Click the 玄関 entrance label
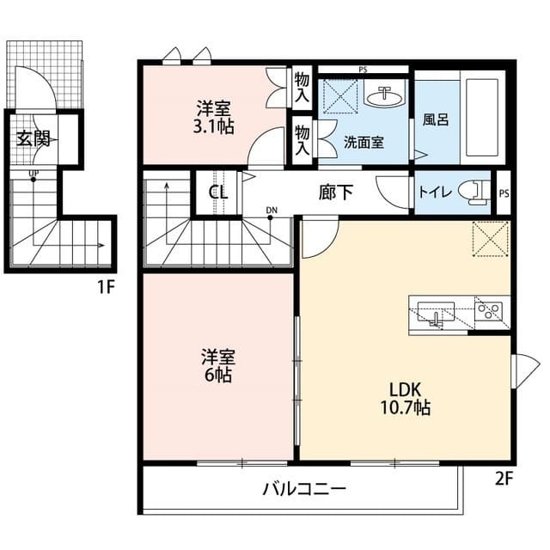[34, 139]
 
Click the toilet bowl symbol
[471, 191]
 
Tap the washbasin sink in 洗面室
[382, 95]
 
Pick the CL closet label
[218, 192]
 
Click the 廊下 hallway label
[335, 192]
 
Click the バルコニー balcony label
[303, 490]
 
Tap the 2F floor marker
[504, 479]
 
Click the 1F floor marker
[105, 287]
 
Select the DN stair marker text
[272, 210]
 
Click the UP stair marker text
[34, 177]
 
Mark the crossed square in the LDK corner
[491, 238]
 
